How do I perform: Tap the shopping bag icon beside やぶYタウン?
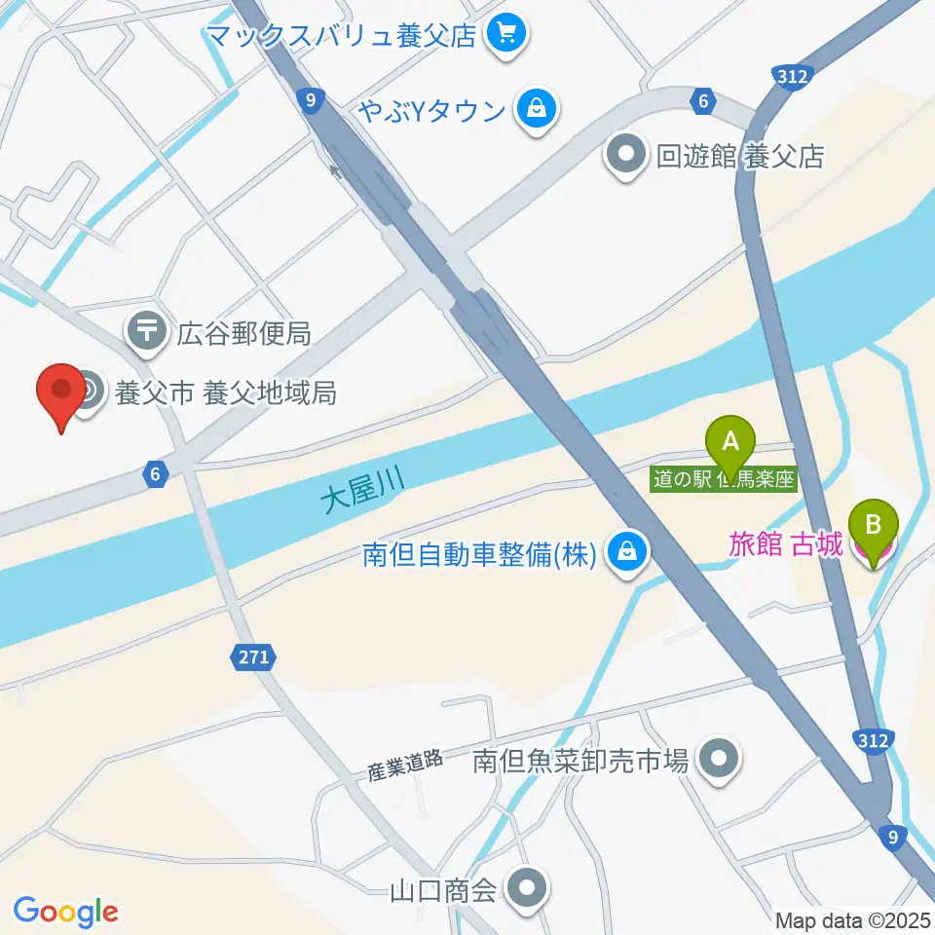537,109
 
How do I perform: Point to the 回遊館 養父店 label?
740,156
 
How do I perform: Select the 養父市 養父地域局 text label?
226,393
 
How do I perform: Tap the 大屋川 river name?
362,488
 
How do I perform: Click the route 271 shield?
251,657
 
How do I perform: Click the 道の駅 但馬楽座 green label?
725,479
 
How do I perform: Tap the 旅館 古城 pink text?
785,544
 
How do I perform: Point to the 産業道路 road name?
405,766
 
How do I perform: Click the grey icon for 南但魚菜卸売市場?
720,759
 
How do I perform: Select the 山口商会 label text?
443,888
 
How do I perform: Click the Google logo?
65,912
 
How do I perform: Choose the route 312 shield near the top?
790,75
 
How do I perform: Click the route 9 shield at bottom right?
891,835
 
